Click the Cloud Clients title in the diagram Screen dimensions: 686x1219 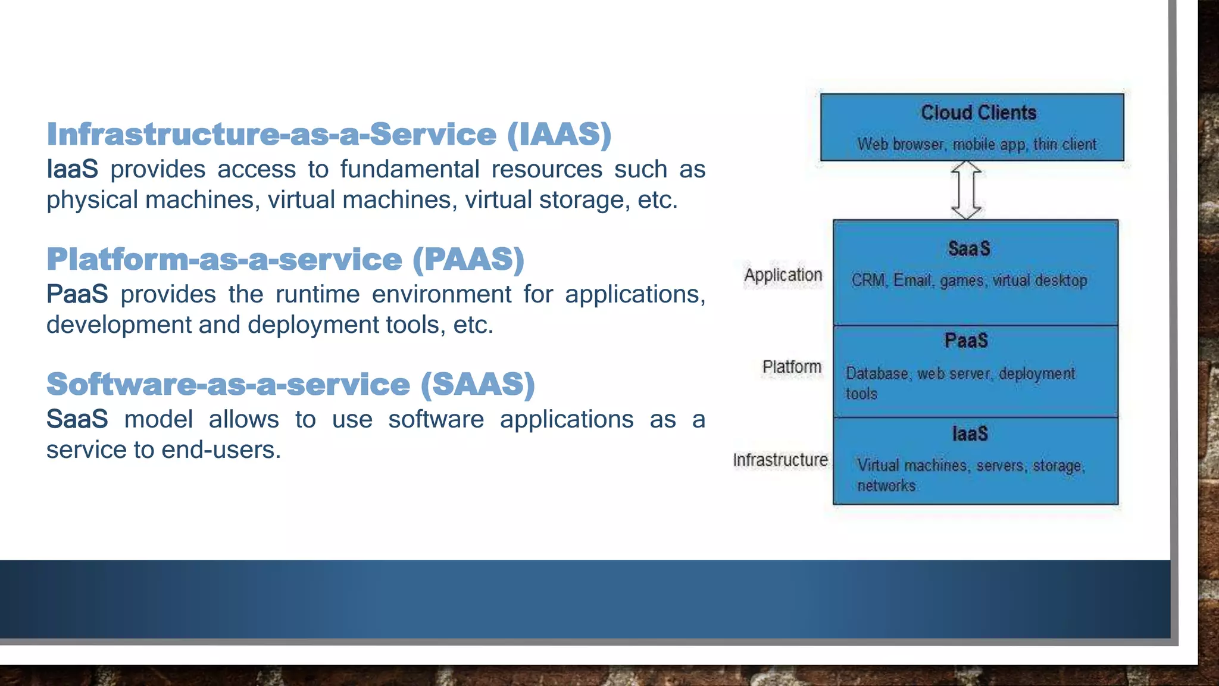coord(978,113)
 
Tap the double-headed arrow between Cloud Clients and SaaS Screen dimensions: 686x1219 coord(966,190)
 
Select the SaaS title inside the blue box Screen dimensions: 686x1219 coord(969,248)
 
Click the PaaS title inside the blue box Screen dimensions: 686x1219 coord(966,341)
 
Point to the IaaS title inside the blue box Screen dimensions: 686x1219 coord(970,434)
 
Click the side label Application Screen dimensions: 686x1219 coord(783,275)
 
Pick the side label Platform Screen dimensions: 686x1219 coord(792,367)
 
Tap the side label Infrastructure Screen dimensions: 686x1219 coord(780,460)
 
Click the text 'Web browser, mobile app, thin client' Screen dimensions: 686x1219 coord(976,145)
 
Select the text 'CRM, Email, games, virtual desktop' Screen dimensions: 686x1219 coord(969,280)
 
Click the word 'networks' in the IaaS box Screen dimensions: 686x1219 coord(886,486)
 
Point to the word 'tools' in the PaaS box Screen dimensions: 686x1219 coord(861,394)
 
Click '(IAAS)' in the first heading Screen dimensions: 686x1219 coord(559,134)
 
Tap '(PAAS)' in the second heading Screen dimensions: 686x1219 coord(468,259)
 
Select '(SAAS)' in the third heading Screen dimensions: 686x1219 coord(477,384)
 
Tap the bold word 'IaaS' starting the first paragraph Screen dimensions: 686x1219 coord(72,169)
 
